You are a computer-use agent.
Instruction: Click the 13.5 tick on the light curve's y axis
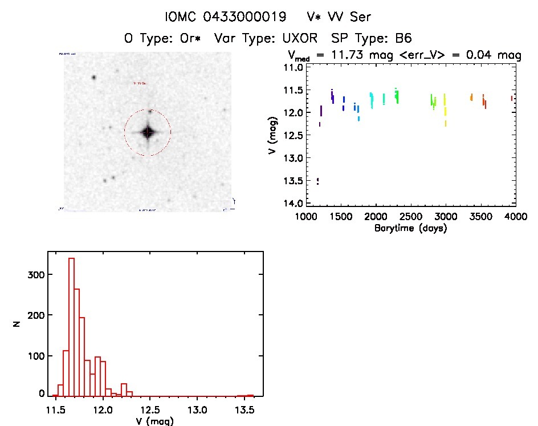(295, 181)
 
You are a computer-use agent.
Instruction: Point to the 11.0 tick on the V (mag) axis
(295, 67)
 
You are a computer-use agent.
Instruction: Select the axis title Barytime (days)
(410, 228)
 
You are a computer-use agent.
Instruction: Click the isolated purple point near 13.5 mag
(318, 181)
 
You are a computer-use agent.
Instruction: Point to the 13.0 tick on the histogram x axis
(197, 410)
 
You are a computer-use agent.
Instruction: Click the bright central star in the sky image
(148, 132)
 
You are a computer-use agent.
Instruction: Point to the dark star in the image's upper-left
(93, 78)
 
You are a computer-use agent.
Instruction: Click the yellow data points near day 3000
(445, 108)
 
